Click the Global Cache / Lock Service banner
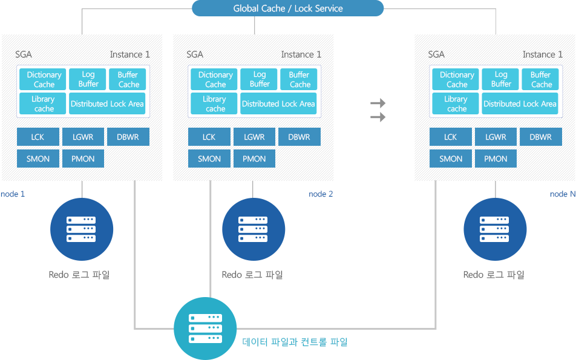tap(287, 8)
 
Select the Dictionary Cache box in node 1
tap(42, 79)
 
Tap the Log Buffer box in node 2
tap(260, 79)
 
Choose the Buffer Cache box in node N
tap(540, 79)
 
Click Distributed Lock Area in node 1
tap(107, 103)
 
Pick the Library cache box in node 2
tap(214, 103)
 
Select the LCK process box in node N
tap(450, 137)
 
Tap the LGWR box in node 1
tap(83, 137)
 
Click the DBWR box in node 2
tap(299, 137)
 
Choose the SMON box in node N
tap(450, 159)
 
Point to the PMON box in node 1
tap(83, 159)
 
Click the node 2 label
tap(321, 194)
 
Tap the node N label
tap(563, 194)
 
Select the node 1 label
tap(13, 194)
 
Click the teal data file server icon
tap(205, 329)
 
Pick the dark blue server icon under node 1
tap(82, 229)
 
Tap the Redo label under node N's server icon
tap(494, 275)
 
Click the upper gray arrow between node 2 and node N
tap(378, 103)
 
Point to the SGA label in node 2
tap(195, 54)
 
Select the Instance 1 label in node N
tap(543, 54)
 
